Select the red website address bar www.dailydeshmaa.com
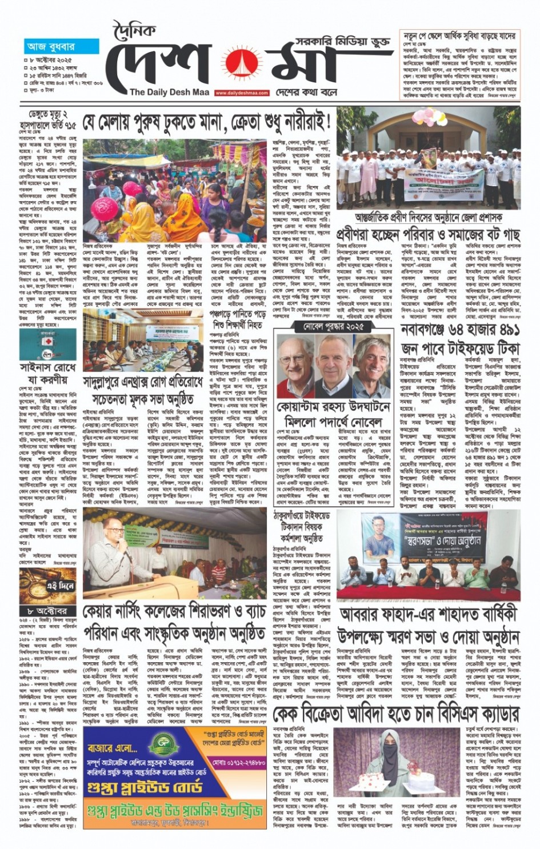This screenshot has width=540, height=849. coord(242,93)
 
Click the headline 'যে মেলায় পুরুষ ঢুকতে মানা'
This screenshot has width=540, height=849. coord(207,122)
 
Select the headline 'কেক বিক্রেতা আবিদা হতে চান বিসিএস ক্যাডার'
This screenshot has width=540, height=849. coord(395,714)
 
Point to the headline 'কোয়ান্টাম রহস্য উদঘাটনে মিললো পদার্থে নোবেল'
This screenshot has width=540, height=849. coord(334,415)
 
